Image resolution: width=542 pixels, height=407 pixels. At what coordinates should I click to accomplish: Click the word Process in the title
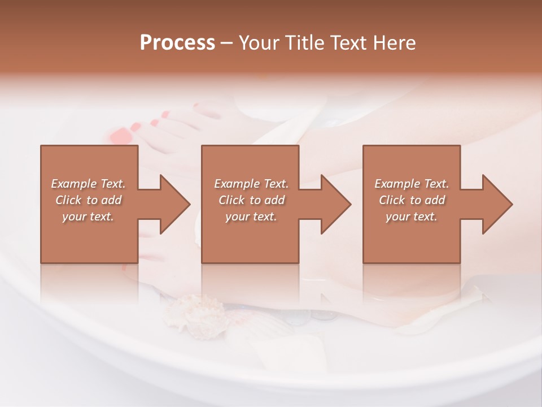click(177, 43)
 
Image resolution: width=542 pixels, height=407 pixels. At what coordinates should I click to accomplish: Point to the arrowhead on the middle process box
click(335, 204)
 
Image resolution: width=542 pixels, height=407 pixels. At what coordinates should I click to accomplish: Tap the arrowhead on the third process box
click(497, 204)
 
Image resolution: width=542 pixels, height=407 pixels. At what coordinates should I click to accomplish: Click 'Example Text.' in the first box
click(88, 184)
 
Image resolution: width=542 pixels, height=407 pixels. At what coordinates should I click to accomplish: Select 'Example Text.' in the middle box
click(251, 184)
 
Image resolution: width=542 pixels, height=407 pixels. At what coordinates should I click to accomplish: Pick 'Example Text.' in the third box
click(412, 184)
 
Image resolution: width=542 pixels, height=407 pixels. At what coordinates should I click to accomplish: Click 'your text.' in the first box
click(88, 217)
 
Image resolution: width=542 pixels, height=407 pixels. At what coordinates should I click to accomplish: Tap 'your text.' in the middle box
click(251, 217)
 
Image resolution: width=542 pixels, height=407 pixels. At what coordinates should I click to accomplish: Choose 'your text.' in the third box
click(412, 217)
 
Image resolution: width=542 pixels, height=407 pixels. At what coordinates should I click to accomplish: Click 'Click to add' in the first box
click(88, 200)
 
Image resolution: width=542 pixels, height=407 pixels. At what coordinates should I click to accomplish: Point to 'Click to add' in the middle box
click(251, 200)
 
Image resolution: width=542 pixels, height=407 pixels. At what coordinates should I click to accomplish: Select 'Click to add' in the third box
click(412, 200)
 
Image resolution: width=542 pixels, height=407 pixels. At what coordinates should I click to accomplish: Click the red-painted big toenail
click(120, 136)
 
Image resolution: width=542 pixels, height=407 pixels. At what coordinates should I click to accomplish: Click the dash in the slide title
click(226, 44)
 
